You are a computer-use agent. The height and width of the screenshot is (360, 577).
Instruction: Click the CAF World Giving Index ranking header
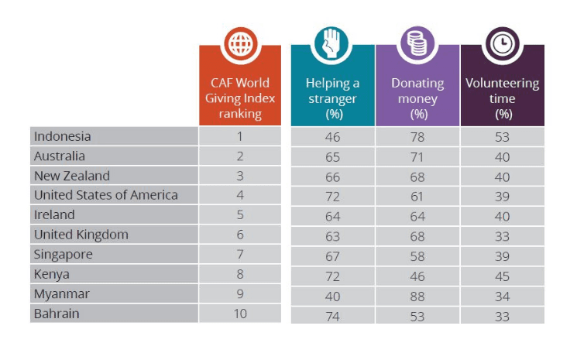239,98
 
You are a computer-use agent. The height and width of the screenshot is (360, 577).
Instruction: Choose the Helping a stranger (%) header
332,98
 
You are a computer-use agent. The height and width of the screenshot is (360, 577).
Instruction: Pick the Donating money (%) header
418,98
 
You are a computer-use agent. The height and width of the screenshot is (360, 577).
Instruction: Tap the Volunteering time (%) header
503,98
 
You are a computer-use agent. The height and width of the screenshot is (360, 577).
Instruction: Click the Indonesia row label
63,136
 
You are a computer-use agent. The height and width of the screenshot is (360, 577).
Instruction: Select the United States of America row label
106,195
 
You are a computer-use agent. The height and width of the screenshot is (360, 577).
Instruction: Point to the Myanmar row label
61,294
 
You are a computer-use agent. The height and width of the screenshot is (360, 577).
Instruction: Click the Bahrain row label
57,314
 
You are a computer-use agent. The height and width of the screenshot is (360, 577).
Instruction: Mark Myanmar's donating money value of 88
418,295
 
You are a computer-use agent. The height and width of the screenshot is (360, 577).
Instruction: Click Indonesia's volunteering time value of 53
503,137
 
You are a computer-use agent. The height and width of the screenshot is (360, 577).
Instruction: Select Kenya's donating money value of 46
418,276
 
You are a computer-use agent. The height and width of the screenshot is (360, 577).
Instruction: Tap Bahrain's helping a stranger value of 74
333,315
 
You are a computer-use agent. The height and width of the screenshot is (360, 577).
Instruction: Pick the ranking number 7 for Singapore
240,255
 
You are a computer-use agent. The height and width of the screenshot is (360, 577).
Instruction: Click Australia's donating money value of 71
418,156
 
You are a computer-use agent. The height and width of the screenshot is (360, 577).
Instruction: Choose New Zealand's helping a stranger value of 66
333,177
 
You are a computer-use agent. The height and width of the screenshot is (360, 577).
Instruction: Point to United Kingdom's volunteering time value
503,235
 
